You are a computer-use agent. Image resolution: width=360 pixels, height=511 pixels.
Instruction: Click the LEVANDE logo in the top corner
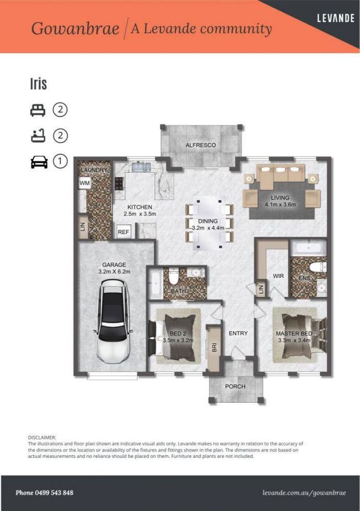tap(335, 18)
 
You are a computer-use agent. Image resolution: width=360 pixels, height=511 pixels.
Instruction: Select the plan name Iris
tap(38, 84)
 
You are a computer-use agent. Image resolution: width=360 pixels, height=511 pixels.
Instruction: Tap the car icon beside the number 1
tap(39, 162)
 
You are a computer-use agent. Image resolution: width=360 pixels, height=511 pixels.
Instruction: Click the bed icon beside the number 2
tap(38, 110)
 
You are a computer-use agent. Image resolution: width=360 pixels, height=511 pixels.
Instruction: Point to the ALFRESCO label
tap(201, 145)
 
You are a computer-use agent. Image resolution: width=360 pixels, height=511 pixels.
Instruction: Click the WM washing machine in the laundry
tap(85, 183)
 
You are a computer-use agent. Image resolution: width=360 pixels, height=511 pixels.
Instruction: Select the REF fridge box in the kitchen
tap(123, 232)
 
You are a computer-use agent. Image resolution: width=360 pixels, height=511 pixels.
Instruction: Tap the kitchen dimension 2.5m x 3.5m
tap(140, 214)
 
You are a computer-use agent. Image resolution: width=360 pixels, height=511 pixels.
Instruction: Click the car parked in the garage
tap(113, 321)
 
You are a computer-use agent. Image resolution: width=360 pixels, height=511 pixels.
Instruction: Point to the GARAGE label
tap(114, 265)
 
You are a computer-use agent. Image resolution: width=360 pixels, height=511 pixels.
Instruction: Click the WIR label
tap(278, 276)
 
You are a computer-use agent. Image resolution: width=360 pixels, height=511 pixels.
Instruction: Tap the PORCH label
tap(235, 386)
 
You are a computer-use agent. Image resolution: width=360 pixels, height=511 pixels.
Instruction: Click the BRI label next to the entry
tap(214, 347)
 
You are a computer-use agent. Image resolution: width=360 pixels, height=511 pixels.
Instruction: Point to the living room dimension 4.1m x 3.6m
tap(280, 205)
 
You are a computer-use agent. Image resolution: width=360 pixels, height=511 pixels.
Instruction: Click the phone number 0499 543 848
tap(44, 493)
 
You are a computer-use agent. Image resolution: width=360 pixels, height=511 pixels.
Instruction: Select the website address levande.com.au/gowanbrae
tap(304, 493)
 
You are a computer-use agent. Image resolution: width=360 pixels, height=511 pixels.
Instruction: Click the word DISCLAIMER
tap(42, 438)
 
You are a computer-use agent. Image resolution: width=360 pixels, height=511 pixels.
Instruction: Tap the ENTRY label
tap(238, 333)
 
